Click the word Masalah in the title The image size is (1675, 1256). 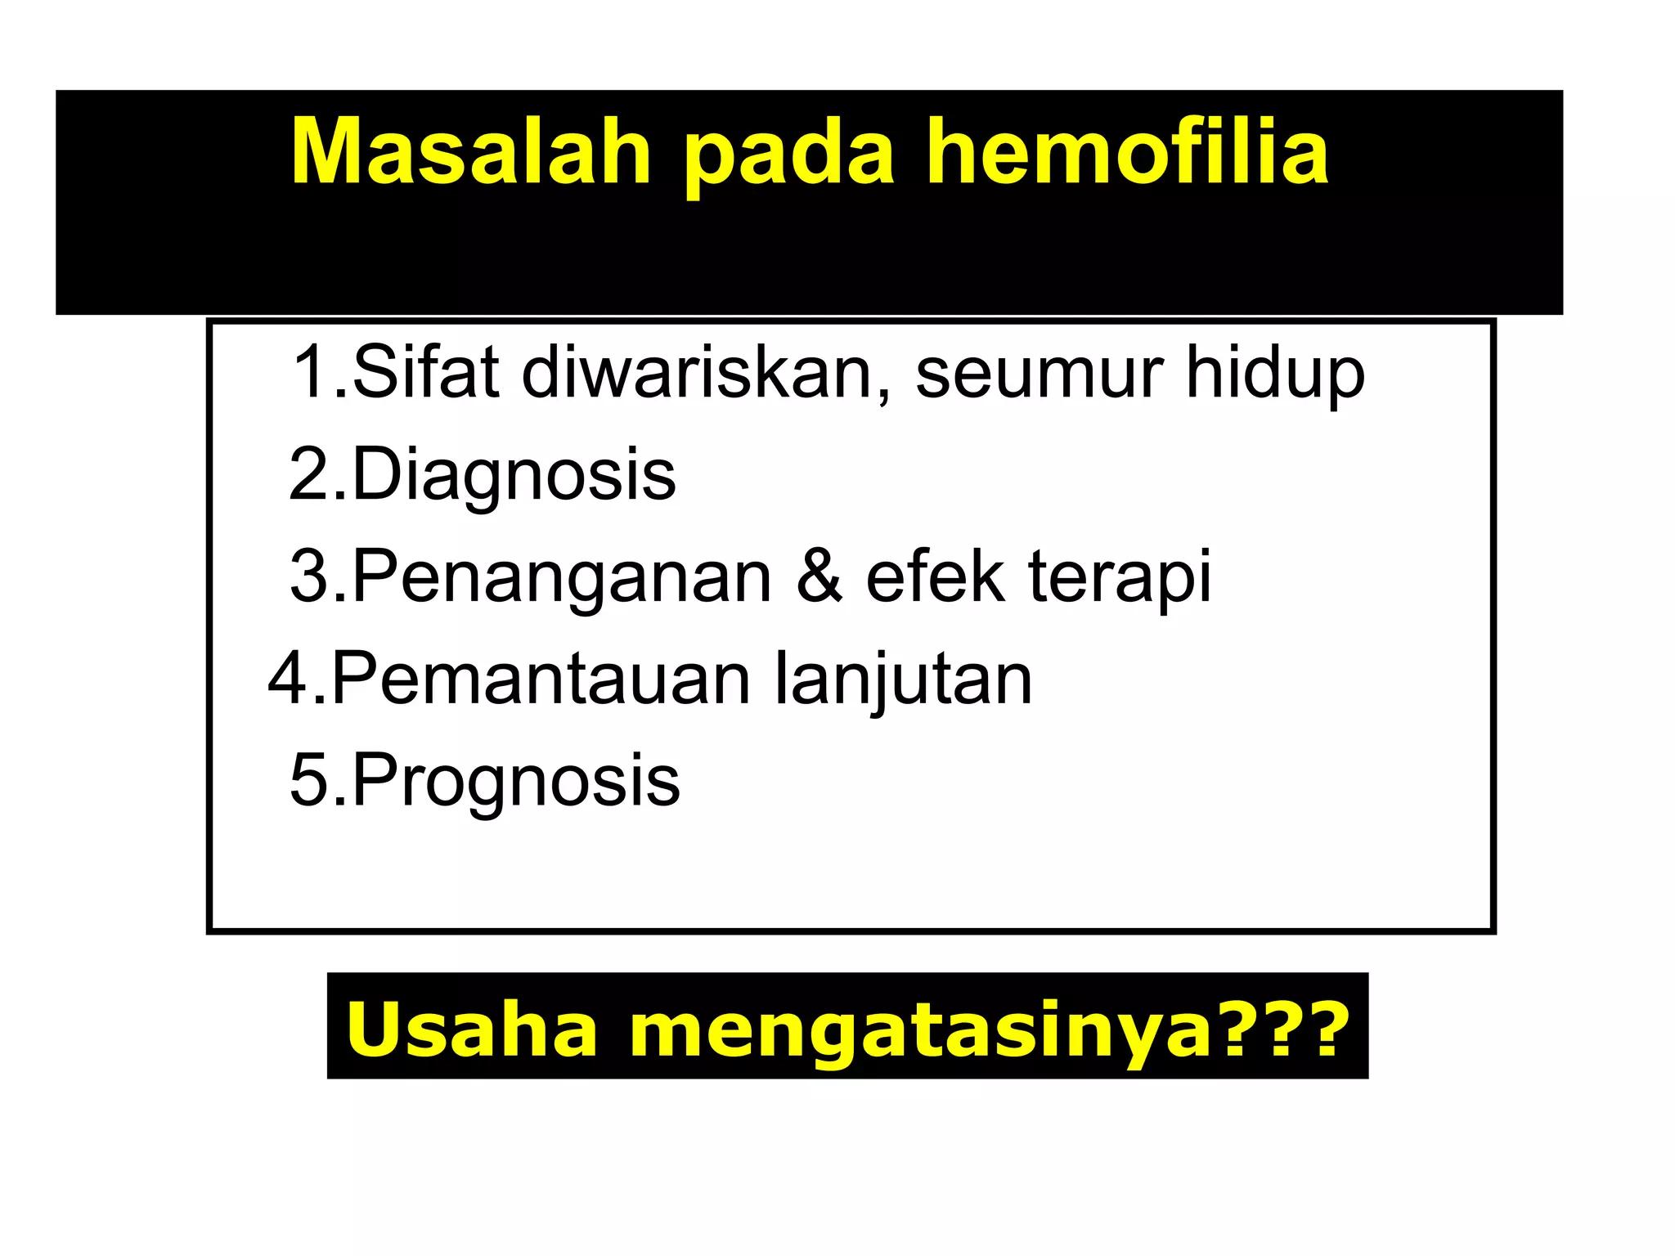471,153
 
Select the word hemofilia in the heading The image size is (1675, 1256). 1127,153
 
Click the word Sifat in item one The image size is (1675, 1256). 425,373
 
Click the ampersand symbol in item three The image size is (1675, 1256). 819,577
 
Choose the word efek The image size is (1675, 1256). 935,577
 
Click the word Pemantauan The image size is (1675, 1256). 541,680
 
